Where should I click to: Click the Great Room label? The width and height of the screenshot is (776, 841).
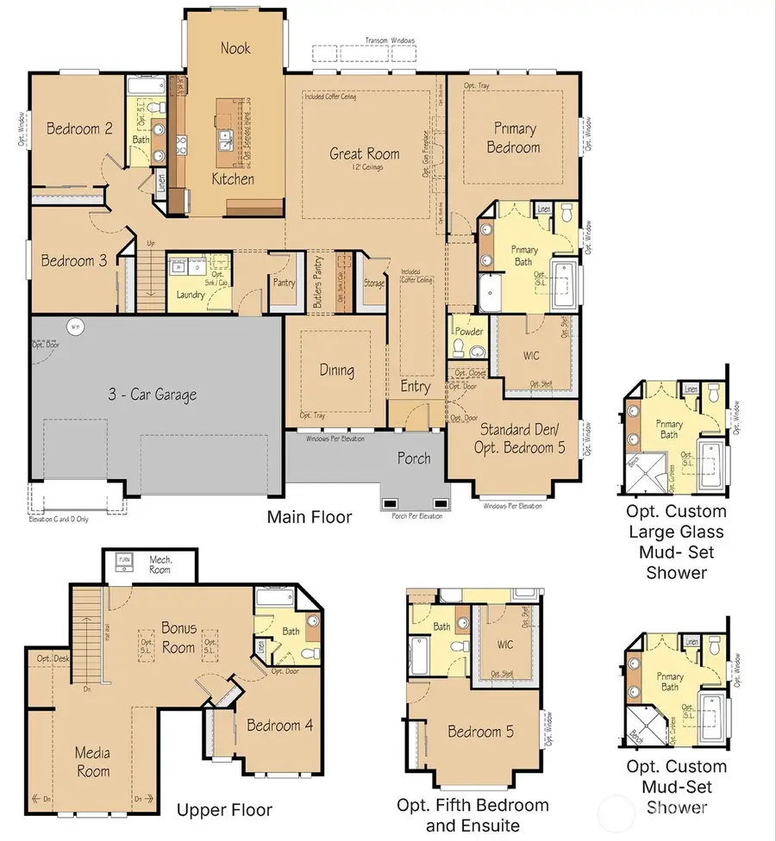tap(365, 154)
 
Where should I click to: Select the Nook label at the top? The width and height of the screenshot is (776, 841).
tap(235, 48)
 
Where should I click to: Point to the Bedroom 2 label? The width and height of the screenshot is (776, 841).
tap(79, 129)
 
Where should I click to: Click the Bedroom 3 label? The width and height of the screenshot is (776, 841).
tap(74, 260)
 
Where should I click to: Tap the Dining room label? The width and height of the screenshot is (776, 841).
tap(336, 371)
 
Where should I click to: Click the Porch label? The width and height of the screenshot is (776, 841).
tap(414, 458)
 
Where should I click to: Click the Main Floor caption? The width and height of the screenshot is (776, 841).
tap(310, 517)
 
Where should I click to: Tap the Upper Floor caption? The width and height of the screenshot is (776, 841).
tap(224, 810)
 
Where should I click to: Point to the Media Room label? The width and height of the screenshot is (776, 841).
tap(92, 761)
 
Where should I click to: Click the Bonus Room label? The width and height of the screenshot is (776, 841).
tap(178, 636)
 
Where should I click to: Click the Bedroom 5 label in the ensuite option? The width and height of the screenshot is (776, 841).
tap(480, 732)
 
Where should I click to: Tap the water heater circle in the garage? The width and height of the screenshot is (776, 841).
tap(75, 326)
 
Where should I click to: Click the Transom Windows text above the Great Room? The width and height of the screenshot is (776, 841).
tap(390, 40)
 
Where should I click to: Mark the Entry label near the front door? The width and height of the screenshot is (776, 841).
tap(415, 387)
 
